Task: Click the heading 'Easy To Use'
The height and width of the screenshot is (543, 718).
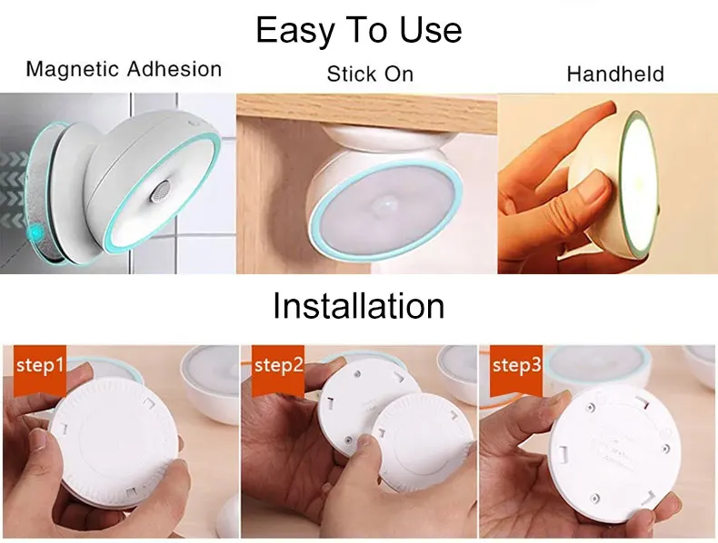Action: (358, 31)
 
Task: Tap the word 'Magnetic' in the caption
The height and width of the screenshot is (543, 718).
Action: (73, 70)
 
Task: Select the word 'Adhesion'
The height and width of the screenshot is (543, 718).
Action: (175, 69)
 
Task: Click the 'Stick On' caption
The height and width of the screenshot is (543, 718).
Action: (370, 74)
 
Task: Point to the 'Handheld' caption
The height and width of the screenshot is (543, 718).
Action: (615, 74)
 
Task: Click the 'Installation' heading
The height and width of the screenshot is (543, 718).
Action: (358, 306)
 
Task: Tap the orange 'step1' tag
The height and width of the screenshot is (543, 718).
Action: (40, 370)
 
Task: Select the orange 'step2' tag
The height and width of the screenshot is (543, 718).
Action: (278, 370)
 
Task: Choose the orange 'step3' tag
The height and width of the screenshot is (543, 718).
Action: (516, 370)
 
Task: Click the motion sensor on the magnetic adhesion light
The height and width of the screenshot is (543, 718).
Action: (160, 191)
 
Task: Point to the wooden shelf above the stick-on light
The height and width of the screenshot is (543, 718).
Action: (366, 113)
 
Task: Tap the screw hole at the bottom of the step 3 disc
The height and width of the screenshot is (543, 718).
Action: (594, 498)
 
